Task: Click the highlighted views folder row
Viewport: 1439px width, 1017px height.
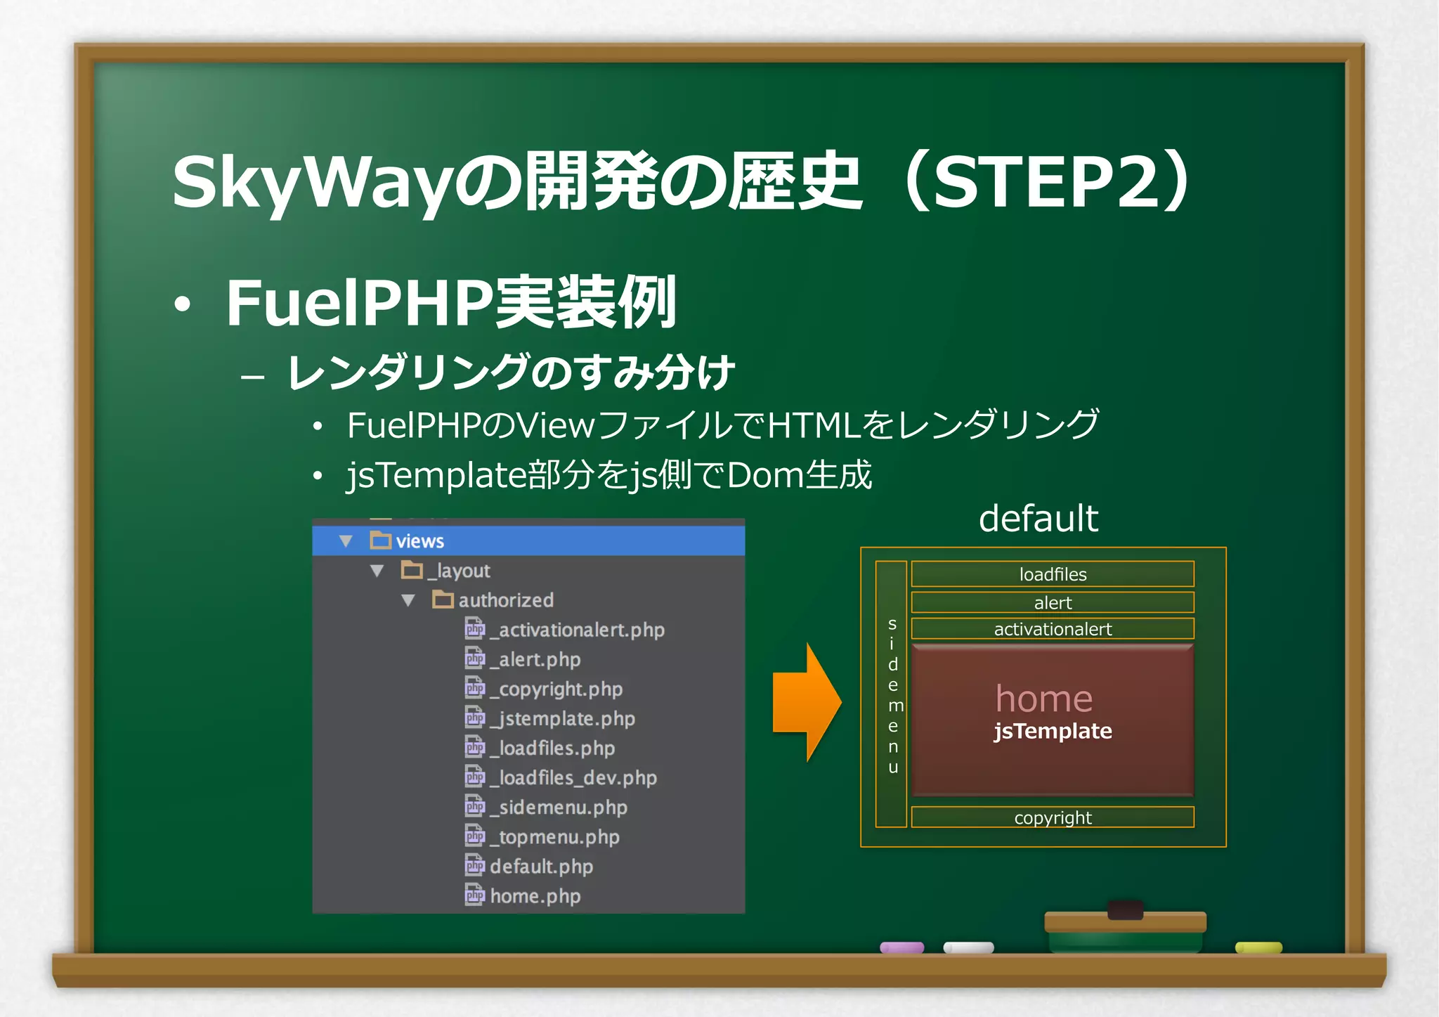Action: (527, 541)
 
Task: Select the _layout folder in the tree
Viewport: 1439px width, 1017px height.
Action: (461, 571)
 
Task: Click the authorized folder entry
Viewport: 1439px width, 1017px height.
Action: (505, 600)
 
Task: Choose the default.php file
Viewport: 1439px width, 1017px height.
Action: (540, 866)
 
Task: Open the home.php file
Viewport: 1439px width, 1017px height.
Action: (534, 896)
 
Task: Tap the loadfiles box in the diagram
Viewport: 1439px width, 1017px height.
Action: (1052, 574)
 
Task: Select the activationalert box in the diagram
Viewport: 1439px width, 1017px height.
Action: (1052, 629)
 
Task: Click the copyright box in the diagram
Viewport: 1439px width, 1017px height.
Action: (1052, 817)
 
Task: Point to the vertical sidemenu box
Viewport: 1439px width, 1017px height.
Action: (892, 694)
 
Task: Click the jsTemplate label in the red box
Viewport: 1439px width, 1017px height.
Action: (1052, 731)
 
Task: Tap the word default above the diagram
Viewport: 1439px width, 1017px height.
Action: (1038, 519)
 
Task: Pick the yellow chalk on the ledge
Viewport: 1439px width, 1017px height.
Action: (1258, 947)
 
